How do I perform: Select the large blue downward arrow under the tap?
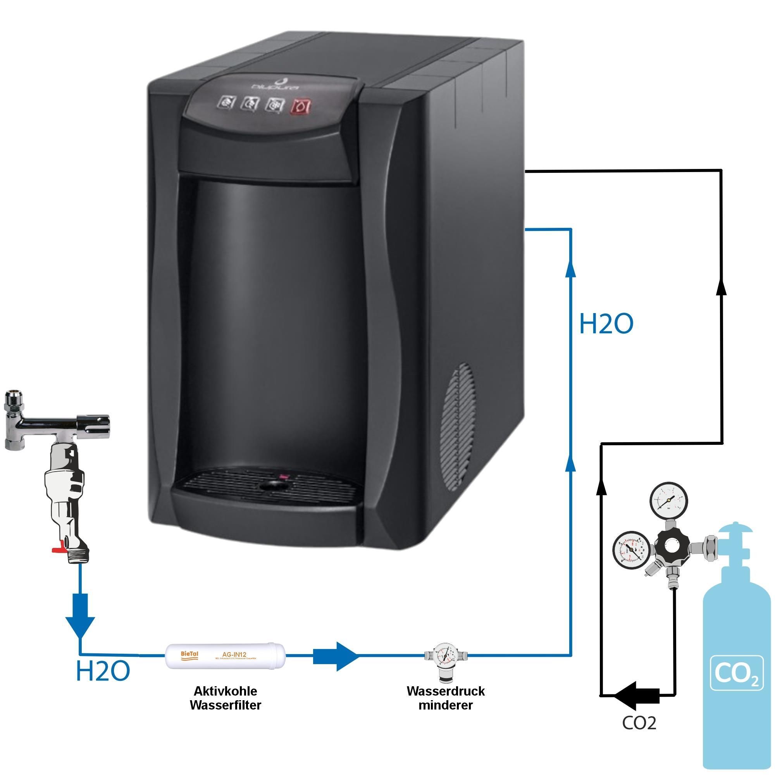pyautogui.click(x=81, y=615)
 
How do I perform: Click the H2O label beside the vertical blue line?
pyautogui.click(x=606, y=324)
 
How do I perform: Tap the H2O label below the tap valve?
pyautogui.click(x=103, y=671)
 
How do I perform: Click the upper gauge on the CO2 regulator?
pyautogui.click(x=669, y=501)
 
